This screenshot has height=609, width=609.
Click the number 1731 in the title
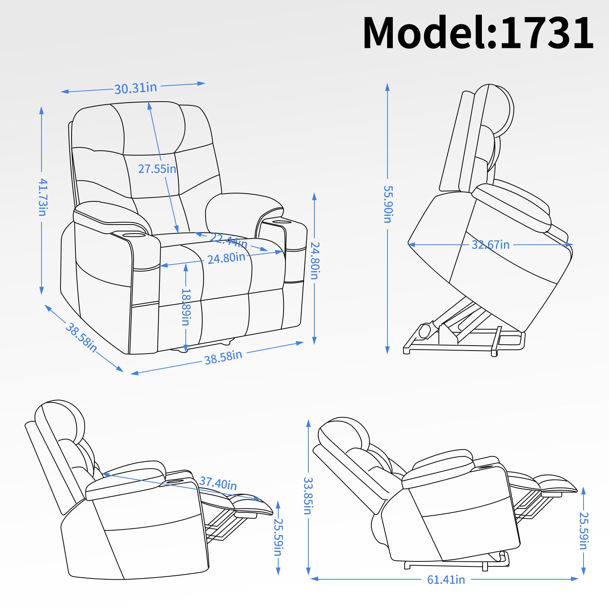547,33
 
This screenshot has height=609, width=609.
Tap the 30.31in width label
136,88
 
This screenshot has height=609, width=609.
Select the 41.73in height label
43,197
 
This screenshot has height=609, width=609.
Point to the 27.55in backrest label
157,169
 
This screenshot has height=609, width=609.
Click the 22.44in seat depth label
228,240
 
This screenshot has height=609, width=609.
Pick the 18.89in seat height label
186,307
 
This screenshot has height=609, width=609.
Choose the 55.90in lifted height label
387,204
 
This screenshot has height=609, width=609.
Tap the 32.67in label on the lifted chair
490,245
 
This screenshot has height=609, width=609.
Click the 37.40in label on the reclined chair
218,483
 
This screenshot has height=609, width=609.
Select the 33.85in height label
308,496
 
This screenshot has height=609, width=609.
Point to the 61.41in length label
446,580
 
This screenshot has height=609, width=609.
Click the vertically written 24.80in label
315,261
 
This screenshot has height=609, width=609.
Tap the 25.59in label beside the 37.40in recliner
278,537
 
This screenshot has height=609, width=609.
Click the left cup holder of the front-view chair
134,235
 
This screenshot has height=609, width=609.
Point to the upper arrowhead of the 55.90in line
387,87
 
